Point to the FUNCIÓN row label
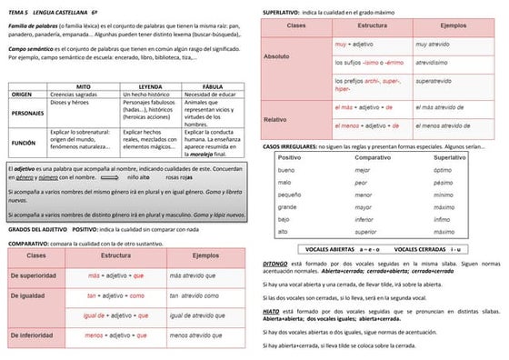24,143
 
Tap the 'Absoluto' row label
276,56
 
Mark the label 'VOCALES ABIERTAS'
332,248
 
